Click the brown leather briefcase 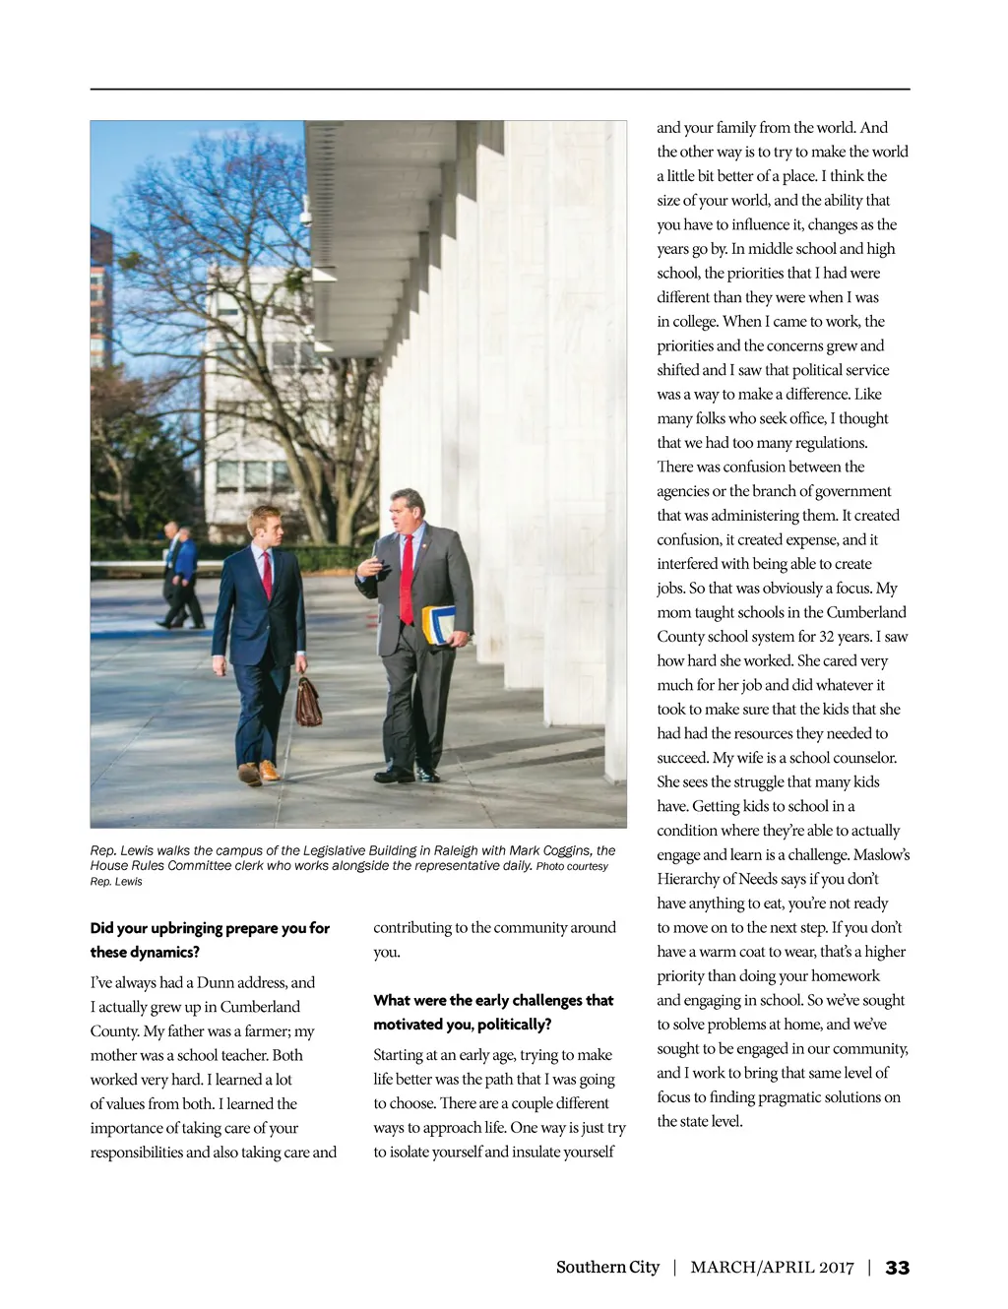(308, 703)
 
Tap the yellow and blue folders (440, 624)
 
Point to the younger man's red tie (267, 574)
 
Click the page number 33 (897, 1268)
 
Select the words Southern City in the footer (607, 1268)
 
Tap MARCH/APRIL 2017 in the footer (772, 1268)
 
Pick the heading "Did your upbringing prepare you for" (210, 928)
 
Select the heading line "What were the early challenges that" (493, 1001)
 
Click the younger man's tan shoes (258, 772)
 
